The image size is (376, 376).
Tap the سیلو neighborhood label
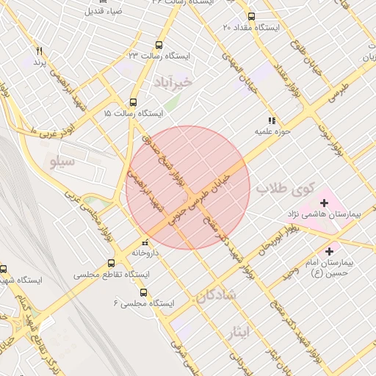pyautogui.click(x=62, y=160)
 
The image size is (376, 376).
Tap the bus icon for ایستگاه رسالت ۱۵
pyautogui.click(x=133, y=103)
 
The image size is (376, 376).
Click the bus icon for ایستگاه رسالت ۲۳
pyautogui.click(x=160, y=44)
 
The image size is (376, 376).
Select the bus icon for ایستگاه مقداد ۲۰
pyautogui.click(x=252, y=16)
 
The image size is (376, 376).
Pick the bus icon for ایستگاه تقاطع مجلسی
pyautogui.click(x=112, y=263)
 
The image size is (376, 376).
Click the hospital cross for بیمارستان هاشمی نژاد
pyautogui.click(x=324, y=203)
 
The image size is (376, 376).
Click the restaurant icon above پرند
pyautogui.click(x=40, y=50)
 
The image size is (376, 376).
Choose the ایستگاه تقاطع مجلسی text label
pyautogui.click(x=112, y=274)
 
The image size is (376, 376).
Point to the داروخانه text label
pyautogui.click(x=145, y=252)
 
